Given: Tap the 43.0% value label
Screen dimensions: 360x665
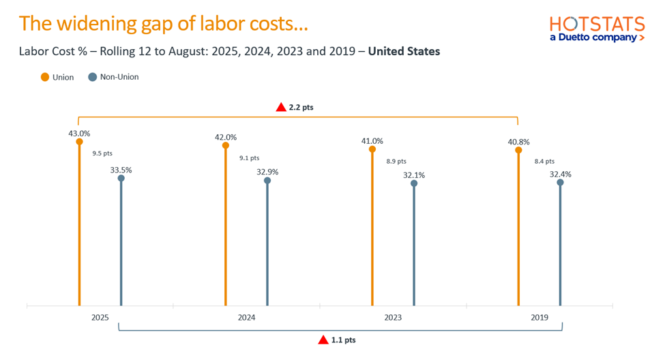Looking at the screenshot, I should point(79,134).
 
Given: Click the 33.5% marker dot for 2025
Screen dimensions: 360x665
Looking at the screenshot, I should point(121,179).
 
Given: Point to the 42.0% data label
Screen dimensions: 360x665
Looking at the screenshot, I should point(226,137).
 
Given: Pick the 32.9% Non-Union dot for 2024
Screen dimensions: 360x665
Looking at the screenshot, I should point(267,181).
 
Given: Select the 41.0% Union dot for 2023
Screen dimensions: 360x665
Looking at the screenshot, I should point(372,149).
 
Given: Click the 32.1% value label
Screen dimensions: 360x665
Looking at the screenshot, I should point(414,175).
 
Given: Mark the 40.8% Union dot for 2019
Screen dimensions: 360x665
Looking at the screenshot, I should point(518,150).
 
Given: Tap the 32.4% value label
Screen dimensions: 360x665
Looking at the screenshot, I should point(560,175).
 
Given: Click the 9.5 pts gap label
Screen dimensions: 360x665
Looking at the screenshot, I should point(102,153).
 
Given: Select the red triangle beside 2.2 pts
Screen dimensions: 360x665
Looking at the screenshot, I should point(281,107).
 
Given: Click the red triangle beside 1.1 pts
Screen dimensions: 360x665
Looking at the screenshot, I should point(323,340).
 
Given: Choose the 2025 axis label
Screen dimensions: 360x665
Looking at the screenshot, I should point(100,318).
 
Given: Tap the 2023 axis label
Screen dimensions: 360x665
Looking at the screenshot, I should point(393,318).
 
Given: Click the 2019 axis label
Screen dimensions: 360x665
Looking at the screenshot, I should point(539,318).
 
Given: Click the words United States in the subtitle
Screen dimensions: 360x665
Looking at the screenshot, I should point(404,51).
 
